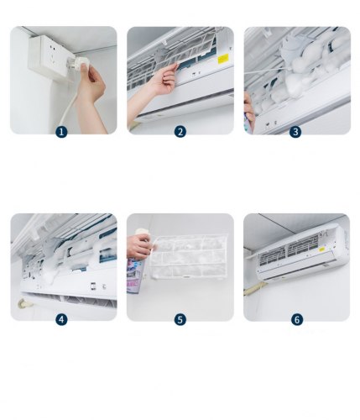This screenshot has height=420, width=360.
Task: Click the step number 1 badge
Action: tap(61, 132)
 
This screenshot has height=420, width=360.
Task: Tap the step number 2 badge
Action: tap(180, 132)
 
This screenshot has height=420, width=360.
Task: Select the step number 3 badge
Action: tap(295, 132)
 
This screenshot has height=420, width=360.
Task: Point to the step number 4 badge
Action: tap(61, 319)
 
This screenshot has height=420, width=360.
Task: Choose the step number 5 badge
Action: tap(180, 319)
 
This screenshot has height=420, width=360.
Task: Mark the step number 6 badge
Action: tap(297, 319)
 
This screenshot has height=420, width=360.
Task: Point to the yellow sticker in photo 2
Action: tap(223, 59)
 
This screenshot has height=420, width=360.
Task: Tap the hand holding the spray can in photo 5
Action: tap(139, 246)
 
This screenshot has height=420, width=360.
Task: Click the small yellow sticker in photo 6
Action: tap(322, 249)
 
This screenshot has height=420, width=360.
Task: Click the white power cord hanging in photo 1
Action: tap(67, 107)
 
